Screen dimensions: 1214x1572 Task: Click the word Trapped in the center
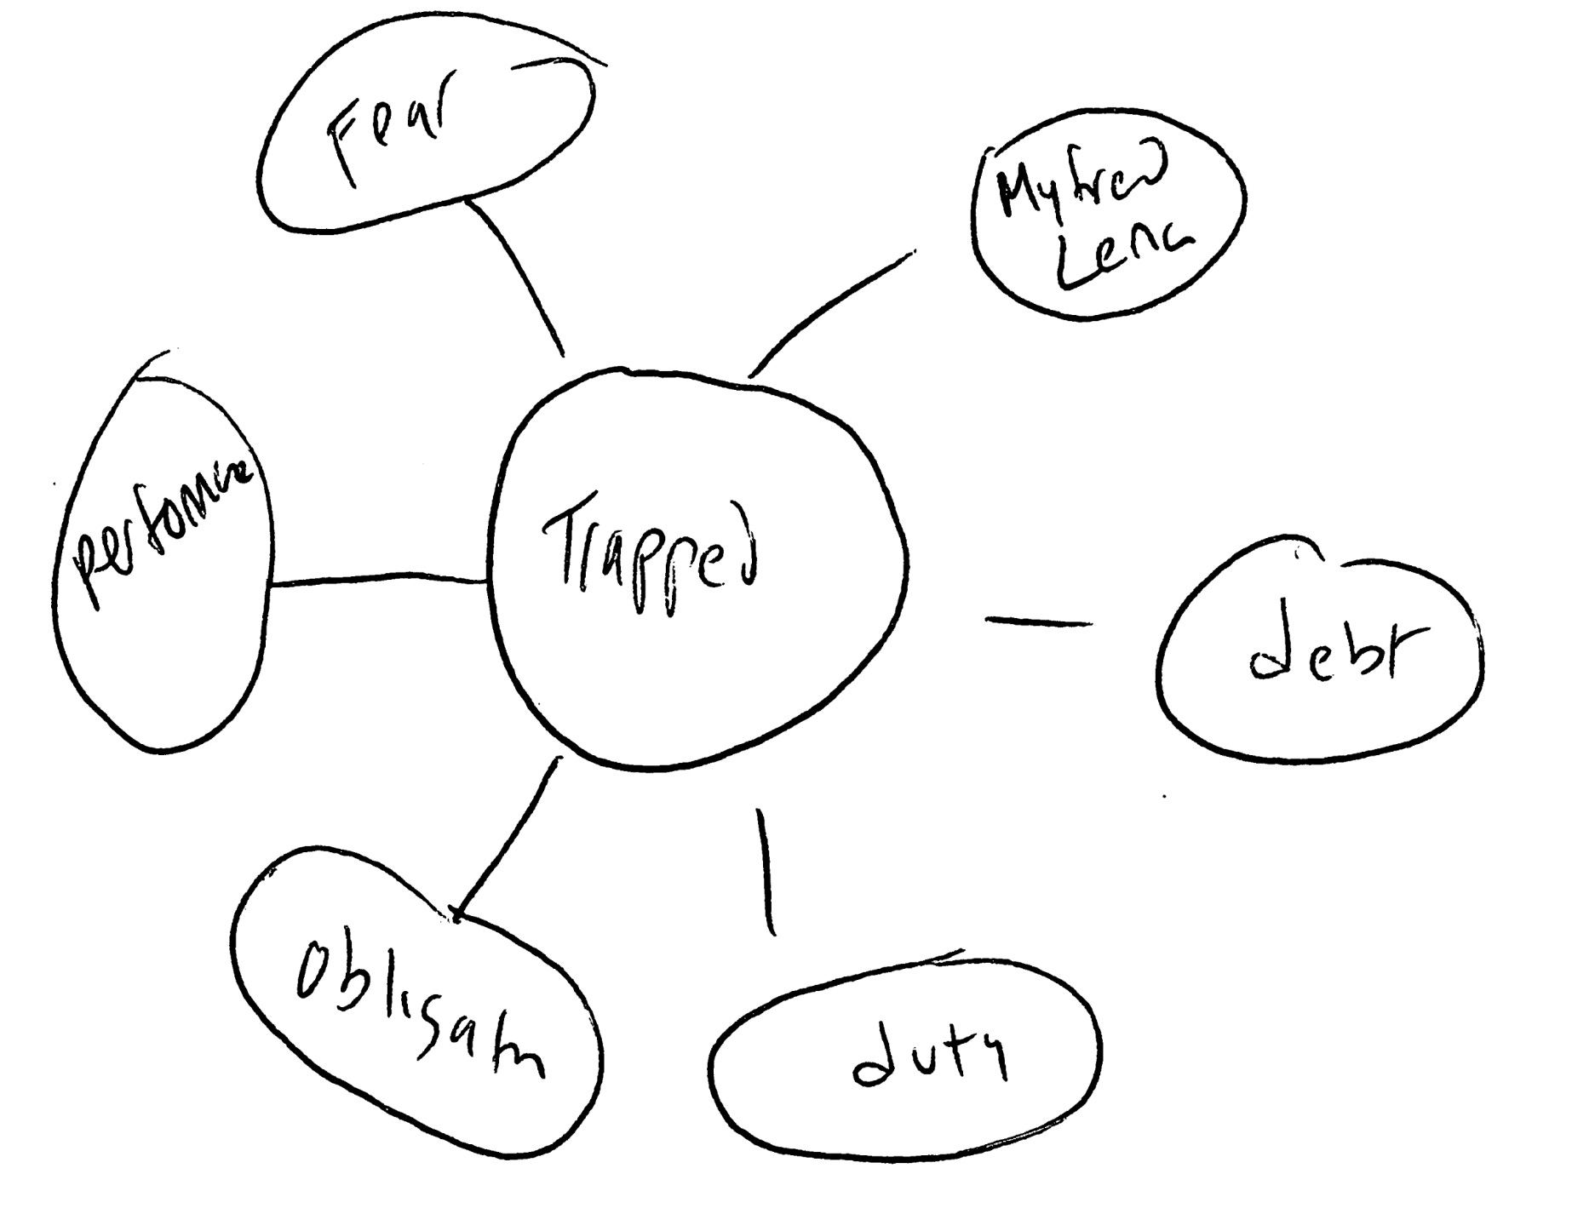[651, 558]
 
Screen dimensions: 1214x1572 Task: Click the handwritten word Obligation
[417, 1009]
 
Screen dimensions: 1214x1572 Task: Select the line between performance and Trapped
[379, 582]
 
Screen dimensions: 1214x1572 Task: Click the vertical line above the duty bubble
[766, 873]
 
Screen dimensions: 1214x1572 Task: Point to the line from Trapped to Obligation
[506, 839]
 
